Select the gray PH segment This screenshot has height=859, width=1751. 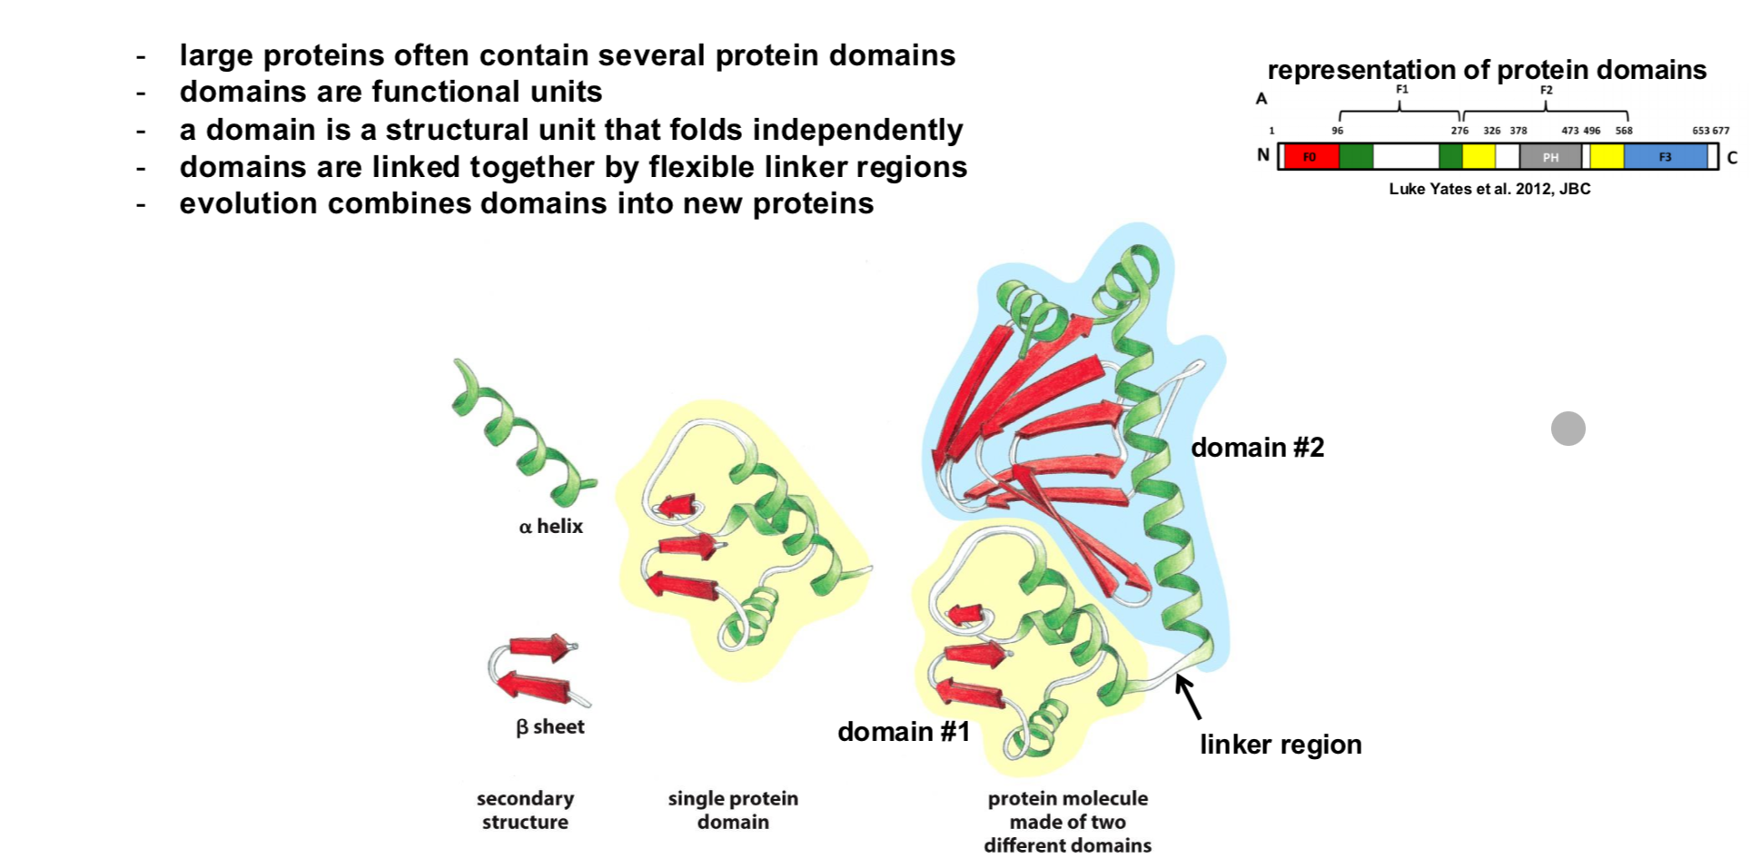(x=1550, y=157)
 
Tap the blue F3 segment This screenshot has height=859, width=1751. (x=1665, y=157)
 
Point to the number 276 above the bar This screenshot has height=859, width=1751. (x=1459, y=131)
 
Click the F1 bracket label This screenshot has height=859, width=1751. (x=1401, y=90)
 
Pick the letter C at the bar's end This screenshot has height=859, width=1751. (x=1732, y=158)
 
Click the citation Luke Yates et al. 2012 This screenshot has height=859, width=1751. (x=1489, y=189)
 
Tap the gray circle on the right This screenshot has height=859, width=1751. (x=1568, y=428)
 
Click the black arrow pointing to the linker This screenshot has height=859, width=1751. (x=1188, y=696)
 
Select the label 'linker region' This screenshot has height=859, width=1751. (x=1280, y=745)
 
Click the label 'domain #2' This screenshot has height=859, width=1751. (x=1257, y=448)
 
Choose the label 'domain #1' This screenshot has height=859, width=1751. (x=903, y=732)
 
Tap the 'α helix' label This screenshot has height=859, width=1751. (x=550, y=527)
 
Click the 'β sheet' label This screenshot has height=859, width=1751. (x=549, y=727)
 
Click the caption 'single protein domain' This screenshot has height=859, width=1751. (x=733, y=810)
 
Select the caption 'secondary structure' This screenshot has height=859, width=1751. (x=525, y=810)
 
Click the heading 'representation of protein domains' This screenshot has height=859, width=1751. (x=1486, y=70)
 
